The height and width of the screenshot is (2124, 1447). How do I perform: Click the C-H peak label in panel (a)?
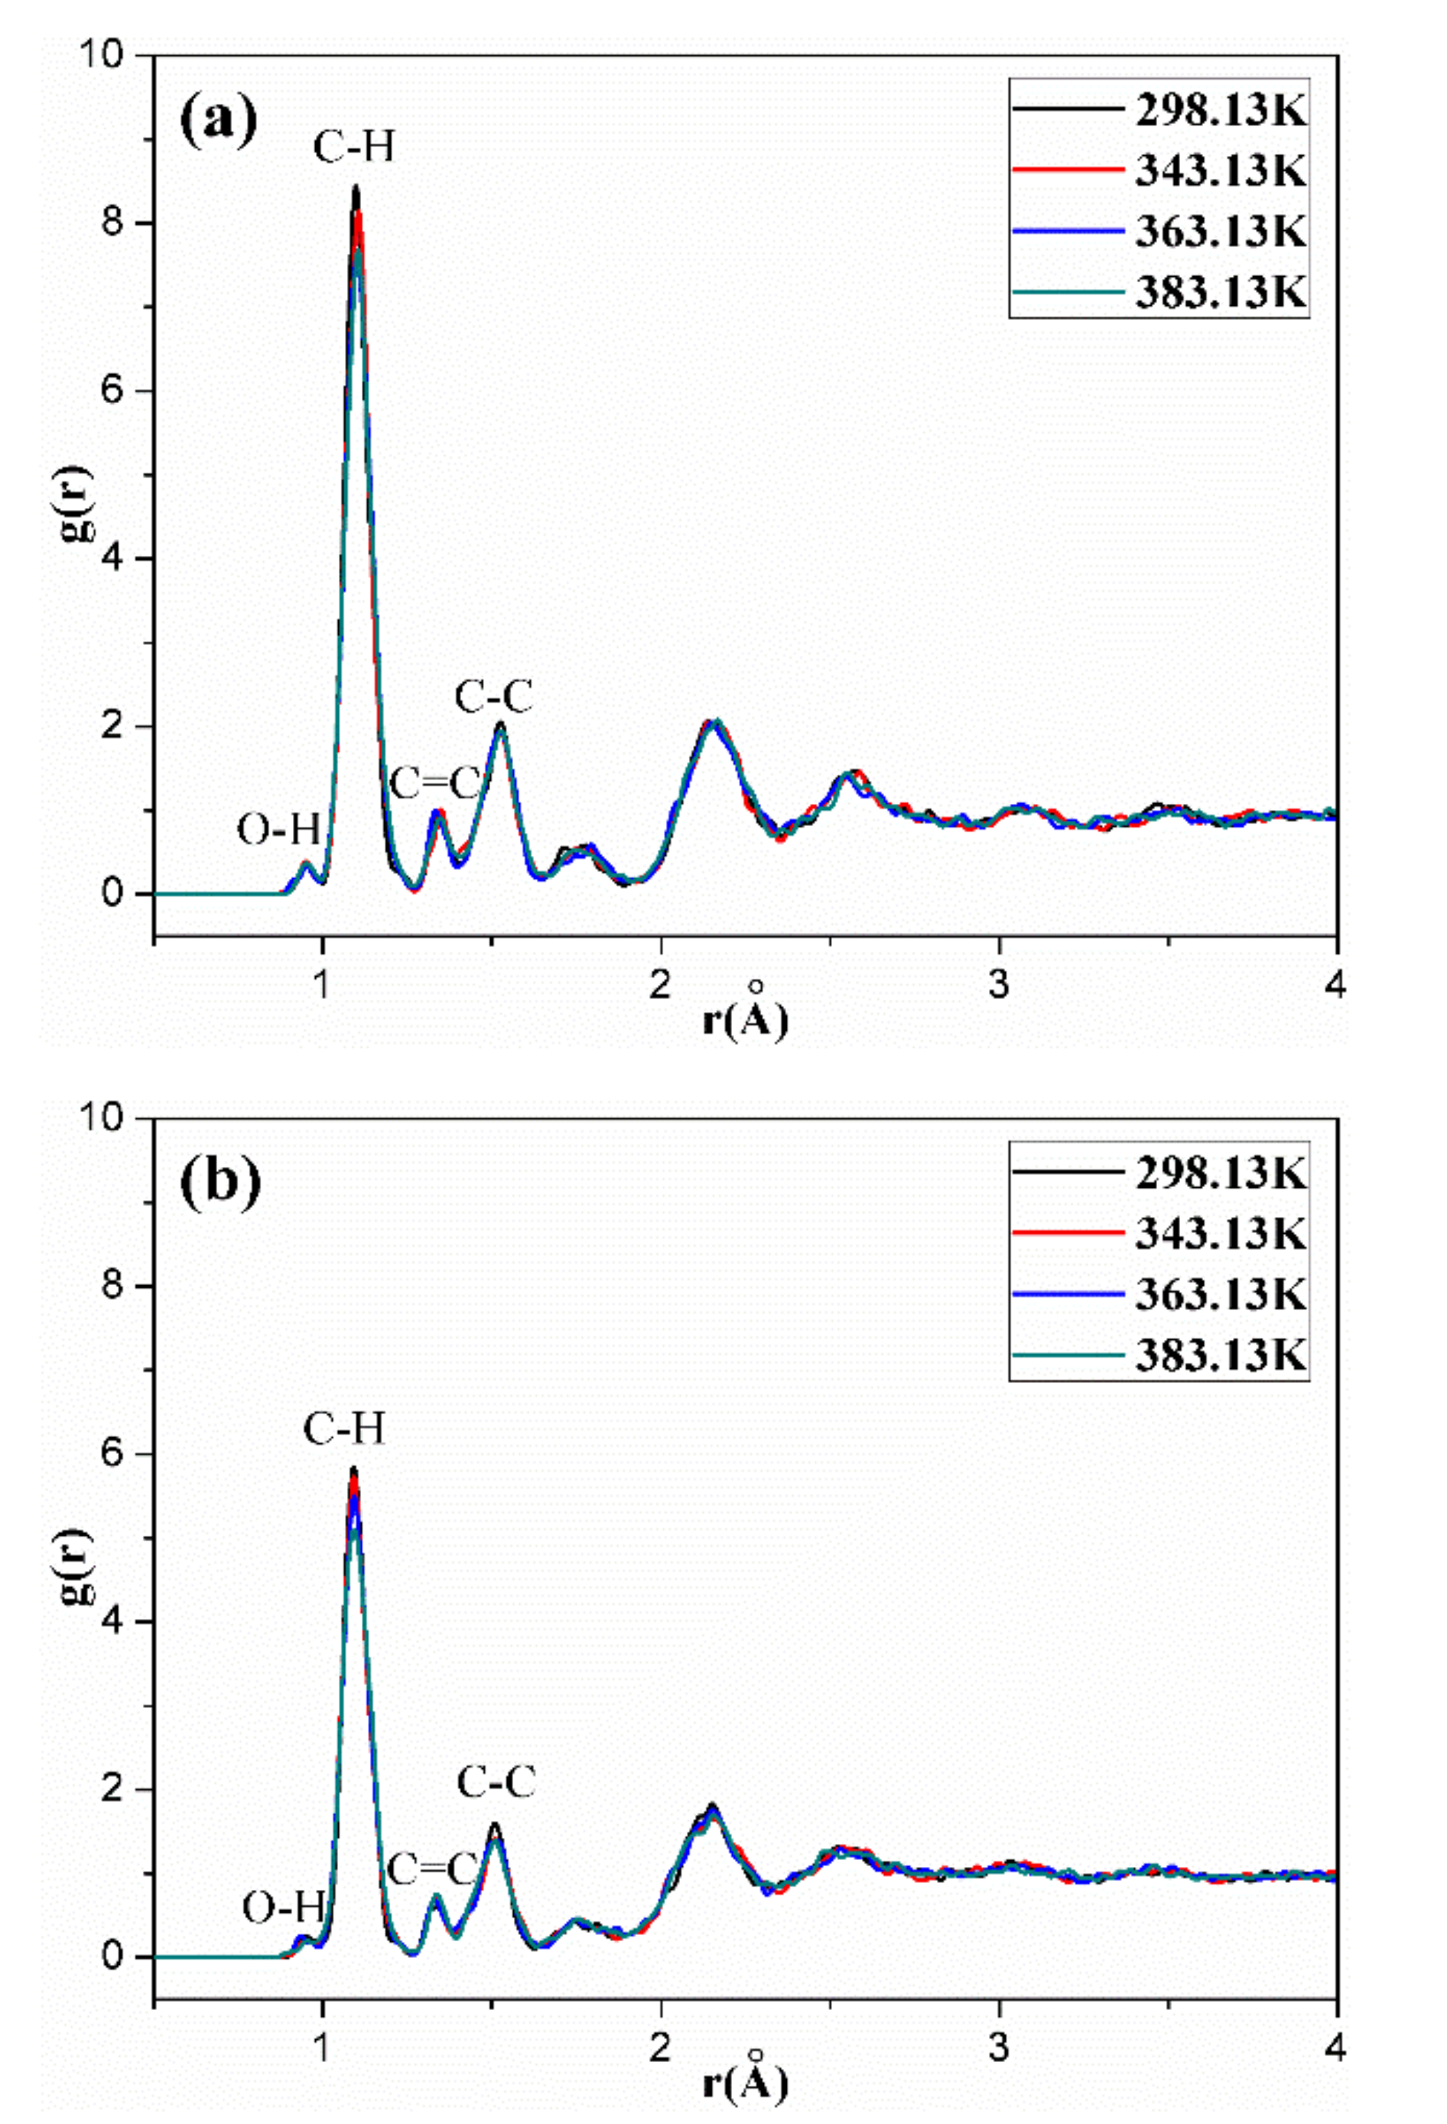(x=354, y=146)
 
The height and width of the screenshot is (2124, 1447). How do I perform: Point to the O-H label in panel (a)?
(x=279, y=830)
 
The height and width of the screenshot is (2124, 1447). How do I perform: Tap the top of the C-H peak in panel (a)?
(x=356, y=188)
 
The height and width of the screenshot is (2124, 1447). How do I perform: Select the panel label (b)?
(x=221, y=1182)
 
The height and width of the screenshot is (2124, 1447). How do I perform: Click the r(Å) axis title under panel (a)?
(x=745, y=1019)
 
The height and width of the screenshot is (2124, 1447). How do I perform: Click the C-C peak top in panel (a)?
(x=500, y=724)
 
